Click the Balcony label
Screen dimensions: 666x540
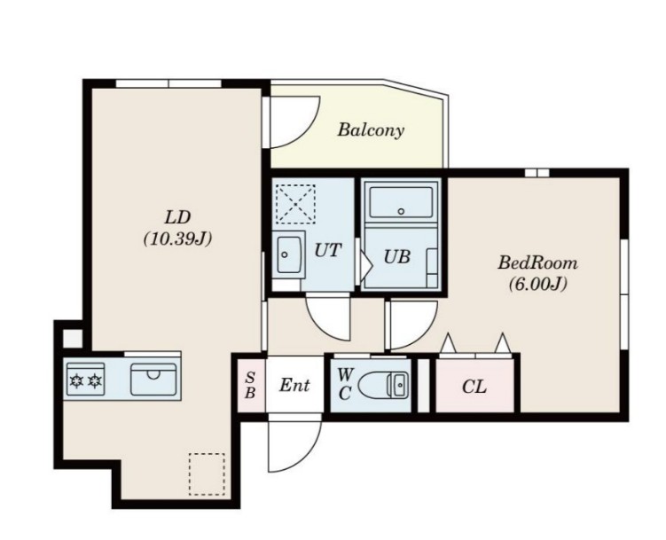click(x=371, y=130)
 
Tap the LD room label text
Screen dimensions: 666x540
click(x=177, y=217)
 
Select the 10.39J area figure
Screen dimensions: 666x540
click(x=177, y=239)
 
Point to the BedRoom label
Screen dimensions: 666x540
click(x=537, y=262)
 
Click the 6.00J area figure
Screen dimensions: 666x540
click(x=538, y=284)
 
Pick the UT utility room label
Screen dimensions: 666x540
click(x=327, y=250)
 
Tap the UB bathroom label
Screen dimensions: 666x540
click(x=396, y=256)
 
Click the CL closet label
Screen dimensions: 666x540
click(x=474, y=387)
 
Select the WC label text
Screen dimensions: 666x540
click(x=345, y=384)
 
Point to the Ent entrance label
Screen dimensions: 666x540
click(x=294, y=385)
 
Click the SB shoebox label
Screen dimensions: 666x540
click(x=251, y=385)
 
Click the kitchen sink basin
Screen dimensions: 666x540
click(x=153, y=379)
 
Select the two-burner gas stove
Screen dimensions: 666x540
click(x=85, y=380)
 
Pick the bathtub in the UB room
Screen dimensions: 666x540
click(x=401, y=203)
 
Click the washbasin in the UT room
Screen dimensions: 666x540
click(x=289, y=254)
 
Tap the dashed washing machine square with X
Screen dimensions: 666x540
click(x=295, y=204)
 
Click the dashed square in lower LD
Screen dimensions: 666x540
click(x=207, y=474)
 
